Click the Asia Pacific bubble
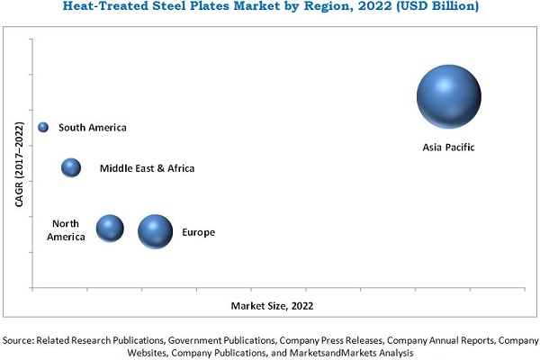point(448,97)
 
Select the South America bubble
point(43,128)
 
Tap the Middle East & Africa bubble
point(71,167)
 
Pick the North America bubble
point(110,229)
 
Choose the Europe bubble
point(155,231)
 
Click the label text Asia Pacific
point(448,147)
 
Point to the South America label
point(93,128)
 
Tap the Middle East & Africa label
point(147,168)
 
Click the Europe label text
point(198,233)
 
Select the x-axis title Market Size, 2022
point(273,306)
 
